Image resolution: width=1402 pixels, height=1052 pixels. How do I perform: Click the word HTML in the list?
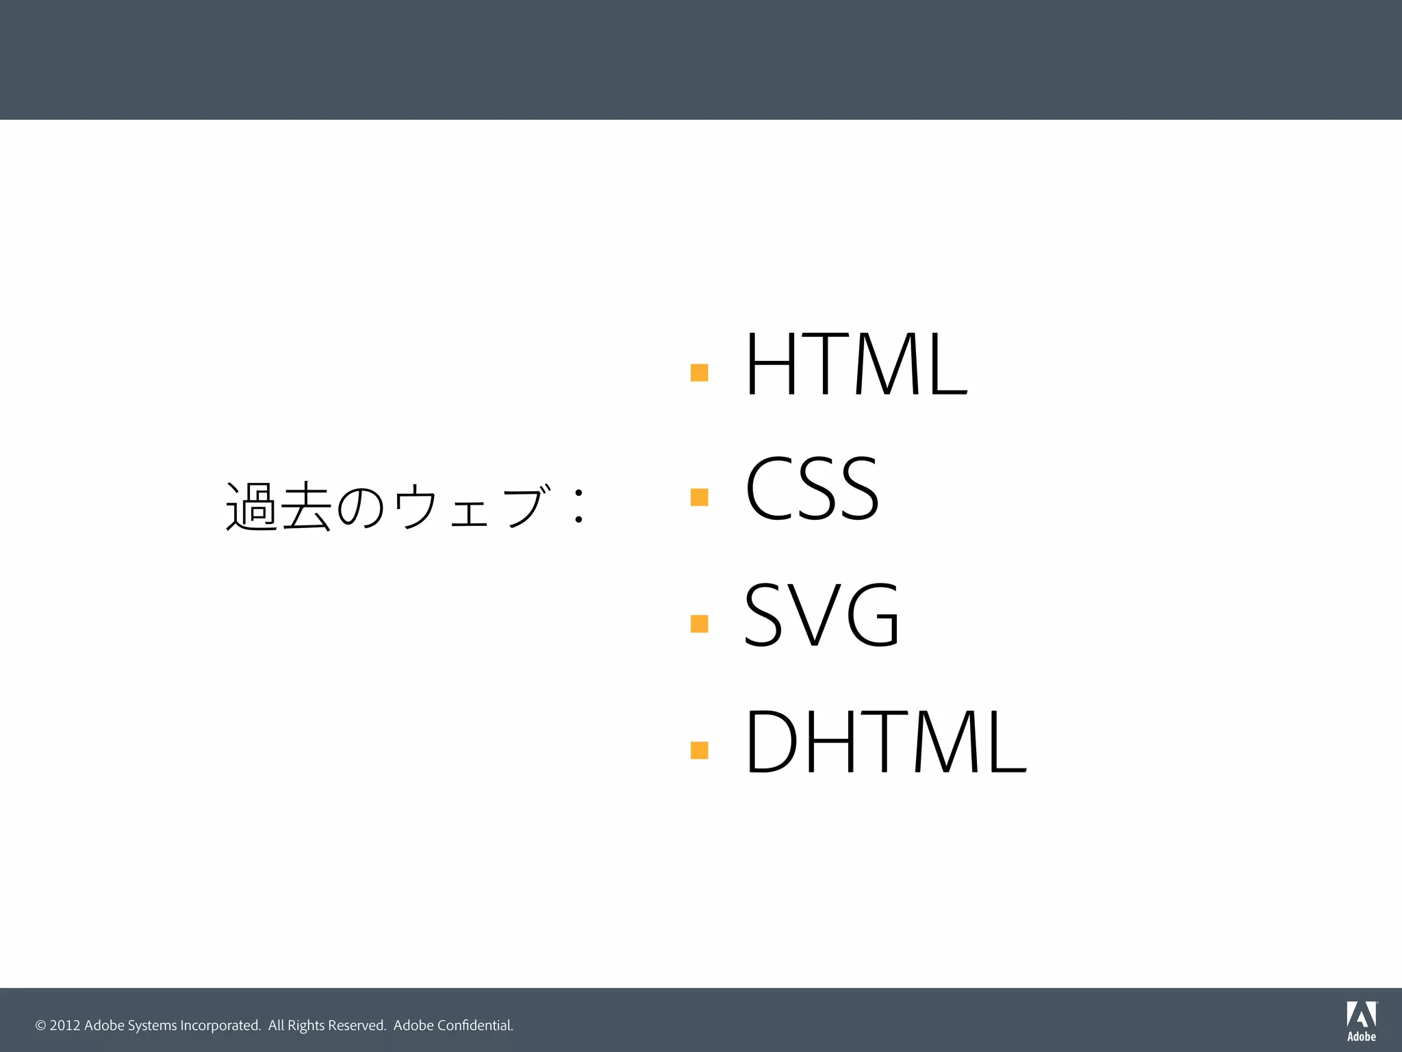pyautogui.click(x=856, y=364)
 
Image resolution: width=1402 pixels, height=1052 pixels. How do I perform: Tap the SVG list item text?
pyautogui.click(x=821, y=614)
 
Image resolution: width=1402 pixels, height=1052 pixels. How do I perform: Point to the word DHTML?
pyautogui.click(x=885, y=741)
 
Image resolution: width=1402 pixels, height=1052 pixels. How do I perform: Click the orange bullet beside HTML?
pyautogui.click(x=699, y=373)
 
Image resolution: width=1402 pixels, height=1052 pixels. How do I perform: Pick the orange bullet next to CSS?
pyautogui.click(x=699, y=497)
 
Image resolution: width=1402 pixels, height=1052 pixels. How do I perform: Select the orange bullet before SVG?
pyautogui.click(x=699, y=623)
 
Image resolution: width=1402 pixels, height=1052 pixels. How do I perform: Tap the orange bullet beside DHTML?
pyautogui.click(x=699, y=750)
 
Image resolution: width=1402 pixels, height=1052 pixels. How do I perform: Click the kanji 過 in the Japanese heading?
pyautogui.click(x=251, y=507)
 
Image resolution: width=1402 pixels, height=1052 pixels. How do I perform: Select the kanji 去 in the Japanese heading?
pyautogui.click(x=306, y=507)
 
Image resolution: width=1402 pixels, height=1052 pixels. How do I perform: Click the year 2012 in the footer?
pyautogui.click(x=65, y=1025)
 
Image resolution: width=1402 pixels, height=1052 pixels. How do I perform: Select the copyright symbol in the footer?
pyautogui.click(x=40, y=1025)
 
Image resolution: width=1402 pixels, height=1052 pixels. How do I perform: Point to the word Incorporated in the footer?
pyautogui.click(x=220, y=1025)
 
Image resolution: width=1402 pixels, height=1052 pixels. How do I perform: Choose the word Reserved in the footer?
pyautogui.click(x=357, y=1025)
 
